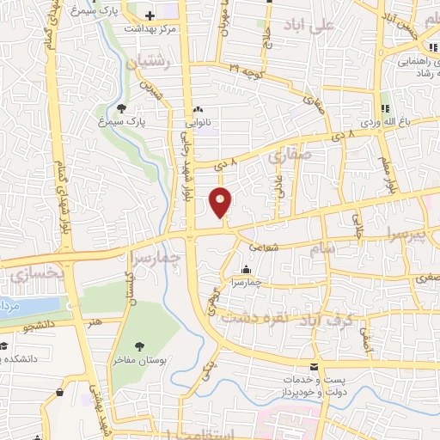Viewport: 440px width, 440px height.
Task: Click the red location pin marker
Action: pos(221,202)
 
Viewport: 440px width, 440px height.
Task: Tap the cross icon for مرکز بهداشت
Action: pos(151,15)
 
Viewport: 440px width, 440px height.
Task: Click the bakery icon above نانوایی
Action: pos(199,109)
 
